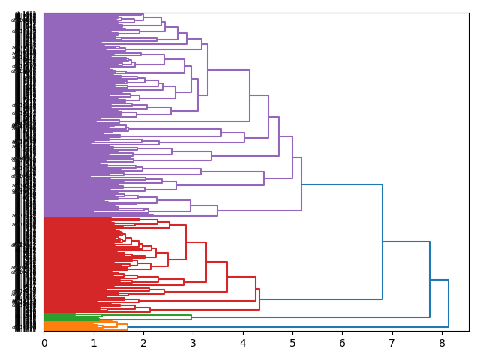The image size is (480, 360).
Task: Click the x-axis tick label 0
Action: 44,343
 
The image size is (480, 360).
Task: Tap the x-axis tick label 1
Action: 94,343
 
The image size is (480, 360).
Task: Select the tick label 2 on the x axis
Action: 143,343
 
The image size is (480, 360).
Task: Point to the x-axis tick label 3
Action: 193,343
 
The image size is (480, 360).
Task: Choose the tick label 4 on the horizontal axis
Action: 243,343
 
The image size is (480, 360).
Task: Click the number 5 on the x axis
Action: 292,343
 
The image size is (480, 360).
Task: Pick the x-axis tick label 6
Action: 342,343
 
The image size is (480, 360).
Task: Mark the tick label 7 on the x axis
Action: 391,343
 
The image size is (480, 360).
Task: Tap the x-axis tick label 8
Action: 441,343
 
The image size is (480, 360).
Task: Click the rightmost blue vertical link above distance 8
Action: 448,303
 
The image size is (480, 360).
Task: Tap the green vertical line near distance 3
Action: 191,317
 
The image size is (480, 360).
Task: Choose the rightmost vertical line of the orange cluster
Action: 127,326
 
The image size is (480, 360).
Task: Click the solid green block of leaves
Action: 60,317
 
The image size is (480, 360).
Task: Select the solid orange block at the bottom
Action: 64,326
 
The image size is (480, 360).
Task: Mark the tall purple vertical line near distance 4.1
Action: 250,95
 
